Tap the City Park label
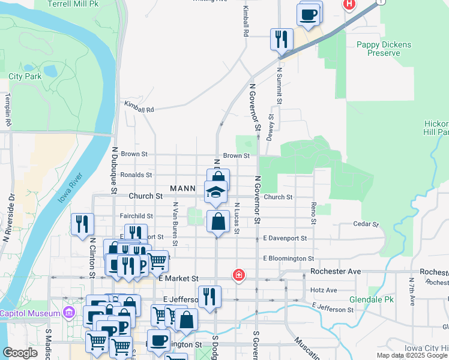[25, 76]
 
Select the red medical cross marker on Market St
[239, 275]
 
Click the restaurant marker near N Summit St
[281, 40]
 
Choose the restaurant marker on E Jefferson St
[209, 296]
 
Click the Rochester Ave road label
[336, 272]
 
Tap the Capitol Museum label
[28, 313]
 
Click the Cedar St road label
[366, 224]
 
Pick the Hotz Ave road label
[324, 290]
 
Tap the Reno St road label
[313, 214]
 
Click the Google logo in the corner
[19, 353]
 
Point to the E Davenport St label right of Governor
[285, 238]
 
